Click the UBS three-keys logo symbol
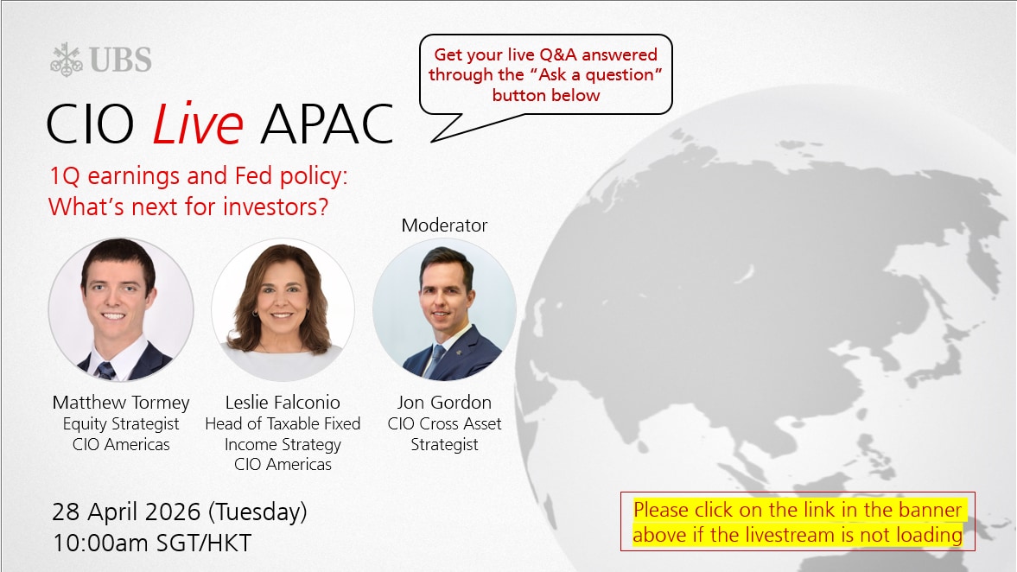[x=67, y=59]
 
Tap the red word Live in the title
[x=198, y=124]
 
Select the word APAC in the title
[x=327, y=124]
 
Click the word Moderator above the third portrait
[x=444, y=225]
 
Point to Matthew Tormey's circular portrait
[x=121, y=309]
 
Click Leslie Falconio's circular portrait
[x=283, y=309]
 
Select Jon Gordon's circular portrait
[x=444, y=309]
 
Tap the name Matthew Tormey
[x=121, y=403]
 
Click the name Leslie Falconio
[x=283, y=402]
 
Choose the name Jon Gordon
[x=444, y=402]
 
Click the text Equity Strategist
[x=121, y=424]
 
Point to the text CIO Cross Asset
[x=444, y=423]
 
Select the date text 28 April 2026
[x=126, y=512]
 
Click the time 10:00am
[x=100, y=543]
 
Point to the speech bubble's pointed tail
[x=433, y=139]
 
